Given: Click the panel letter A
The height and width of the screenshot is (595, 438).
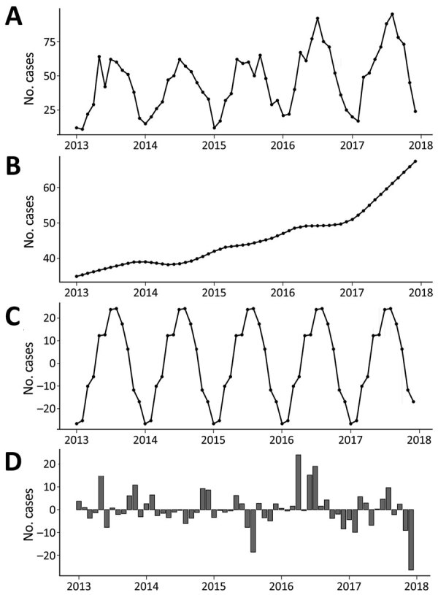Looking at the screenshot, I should click(13, 16).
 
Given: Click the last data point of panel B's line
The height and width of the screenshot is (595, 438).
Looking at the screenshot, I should click(415, 161).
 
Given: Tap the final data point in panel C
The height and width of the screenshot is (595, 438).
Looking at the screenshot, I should click(414, 402).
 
